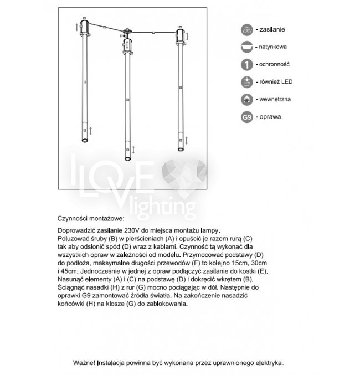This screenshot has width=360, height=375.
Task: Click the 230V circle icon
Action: [247, 30]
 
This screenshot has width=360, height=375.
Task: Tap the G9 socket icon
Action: [247, 117]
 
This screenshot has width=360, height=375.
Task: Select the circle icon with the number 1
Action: [247, 64]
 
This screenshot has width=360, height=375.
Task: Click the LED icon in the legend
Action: [247, 82]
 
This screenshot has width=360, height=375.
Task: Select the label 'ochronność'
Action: [275, 64]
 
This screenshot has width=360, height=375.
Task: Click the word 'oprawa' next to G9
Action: [270, 117]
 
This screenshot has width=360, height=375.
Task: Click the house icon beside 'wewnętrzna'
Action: [247, 100]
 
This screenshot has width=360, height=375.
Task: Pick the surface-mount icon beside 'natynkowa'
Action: [247, 48]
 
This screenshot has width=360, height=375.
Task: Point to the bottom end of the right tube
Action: [179, 148]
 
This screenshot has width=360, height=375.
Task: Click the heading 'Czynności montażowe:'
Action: [91, 219]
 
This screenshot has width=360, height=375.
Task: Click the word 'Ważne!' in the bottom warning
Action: [84, 363]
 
